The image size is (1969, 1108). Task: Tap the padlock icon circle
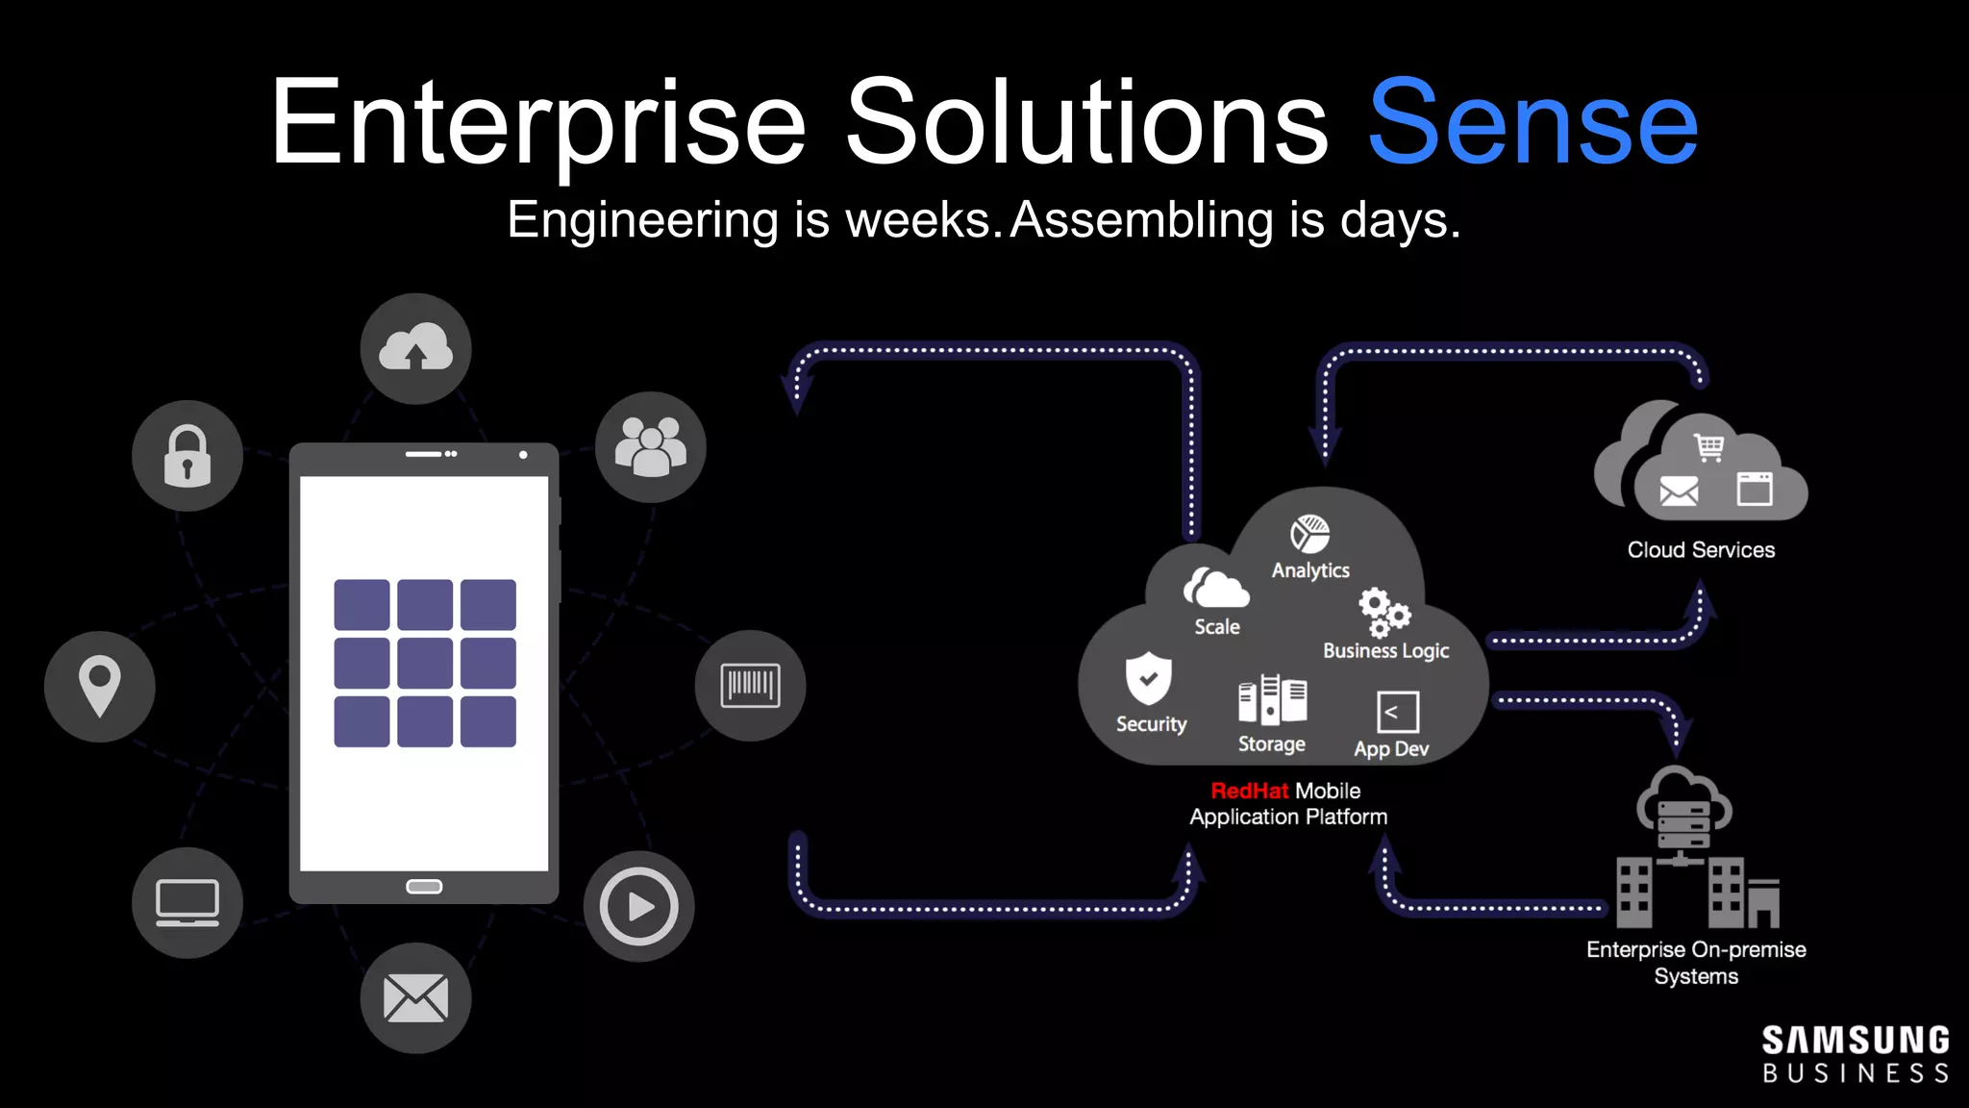tap(187, 456)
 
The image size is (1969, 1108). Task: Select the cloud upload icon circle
tap(415, 348)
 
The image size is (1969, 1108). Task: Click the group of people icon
tap(651, 447)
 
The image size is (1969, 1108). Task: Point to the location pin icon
tap(99, 686)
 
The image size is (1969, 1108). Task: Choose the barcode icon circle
tap(750, 686)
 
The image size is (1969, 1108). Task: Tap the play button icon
tap(638, 906)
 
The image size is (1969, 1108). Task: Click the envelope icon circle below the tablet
tap(415, 997)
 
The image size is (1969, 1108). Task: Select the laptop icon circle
tap(187, 902)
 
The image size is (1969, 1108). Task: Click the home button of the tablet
tap(424, 886)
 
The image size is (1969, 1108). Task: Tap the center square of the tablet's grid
tap(425, 663)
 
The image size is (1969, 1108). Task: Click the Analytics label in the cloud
tap(1310, 570)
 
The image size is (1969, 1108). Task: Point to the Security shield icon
tap(1149, 678)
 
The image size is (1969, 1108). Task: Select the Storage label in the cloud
tap(1271, 744)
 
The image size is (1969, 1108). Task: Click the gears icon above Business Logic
tap(1383, 612)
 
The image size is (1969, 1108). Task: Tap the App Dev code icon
tap(1397, 713)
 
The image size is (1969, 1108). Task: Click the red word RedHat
tap(1249, 791)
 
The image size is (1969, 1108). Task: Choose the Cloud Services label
tap(1701, 550)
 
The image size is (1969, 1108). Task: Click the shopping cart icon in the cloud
tap(1709, 447)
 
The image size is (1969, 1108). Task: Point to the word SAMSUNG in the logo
tap(1855, 1041)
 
